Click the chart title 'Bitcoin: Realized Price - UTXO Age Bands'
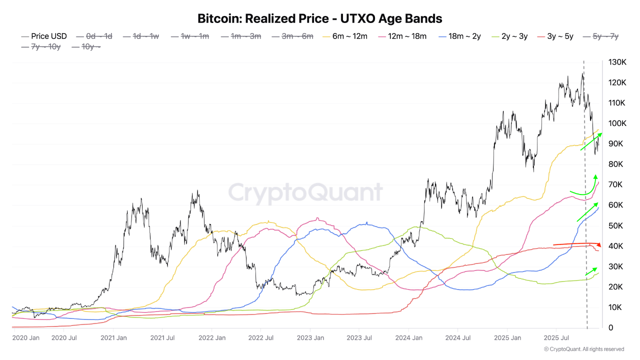pyautogui.click(x=320, y=19)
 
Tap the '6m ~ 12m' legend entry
pyautogui.click(x=349, y=36)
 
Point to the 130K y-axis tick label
pyautogui.click(x=616, y=62)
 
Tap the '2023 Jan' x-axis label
pyautogui.click(x=310, y=338)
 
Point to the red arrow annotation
pyautogui.click(x=576, y=244)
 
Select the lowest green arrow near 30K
pyautogui.click(x=591, y=271)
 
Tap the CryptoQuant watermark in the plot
pyautogui.click(x=305, y=192)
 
